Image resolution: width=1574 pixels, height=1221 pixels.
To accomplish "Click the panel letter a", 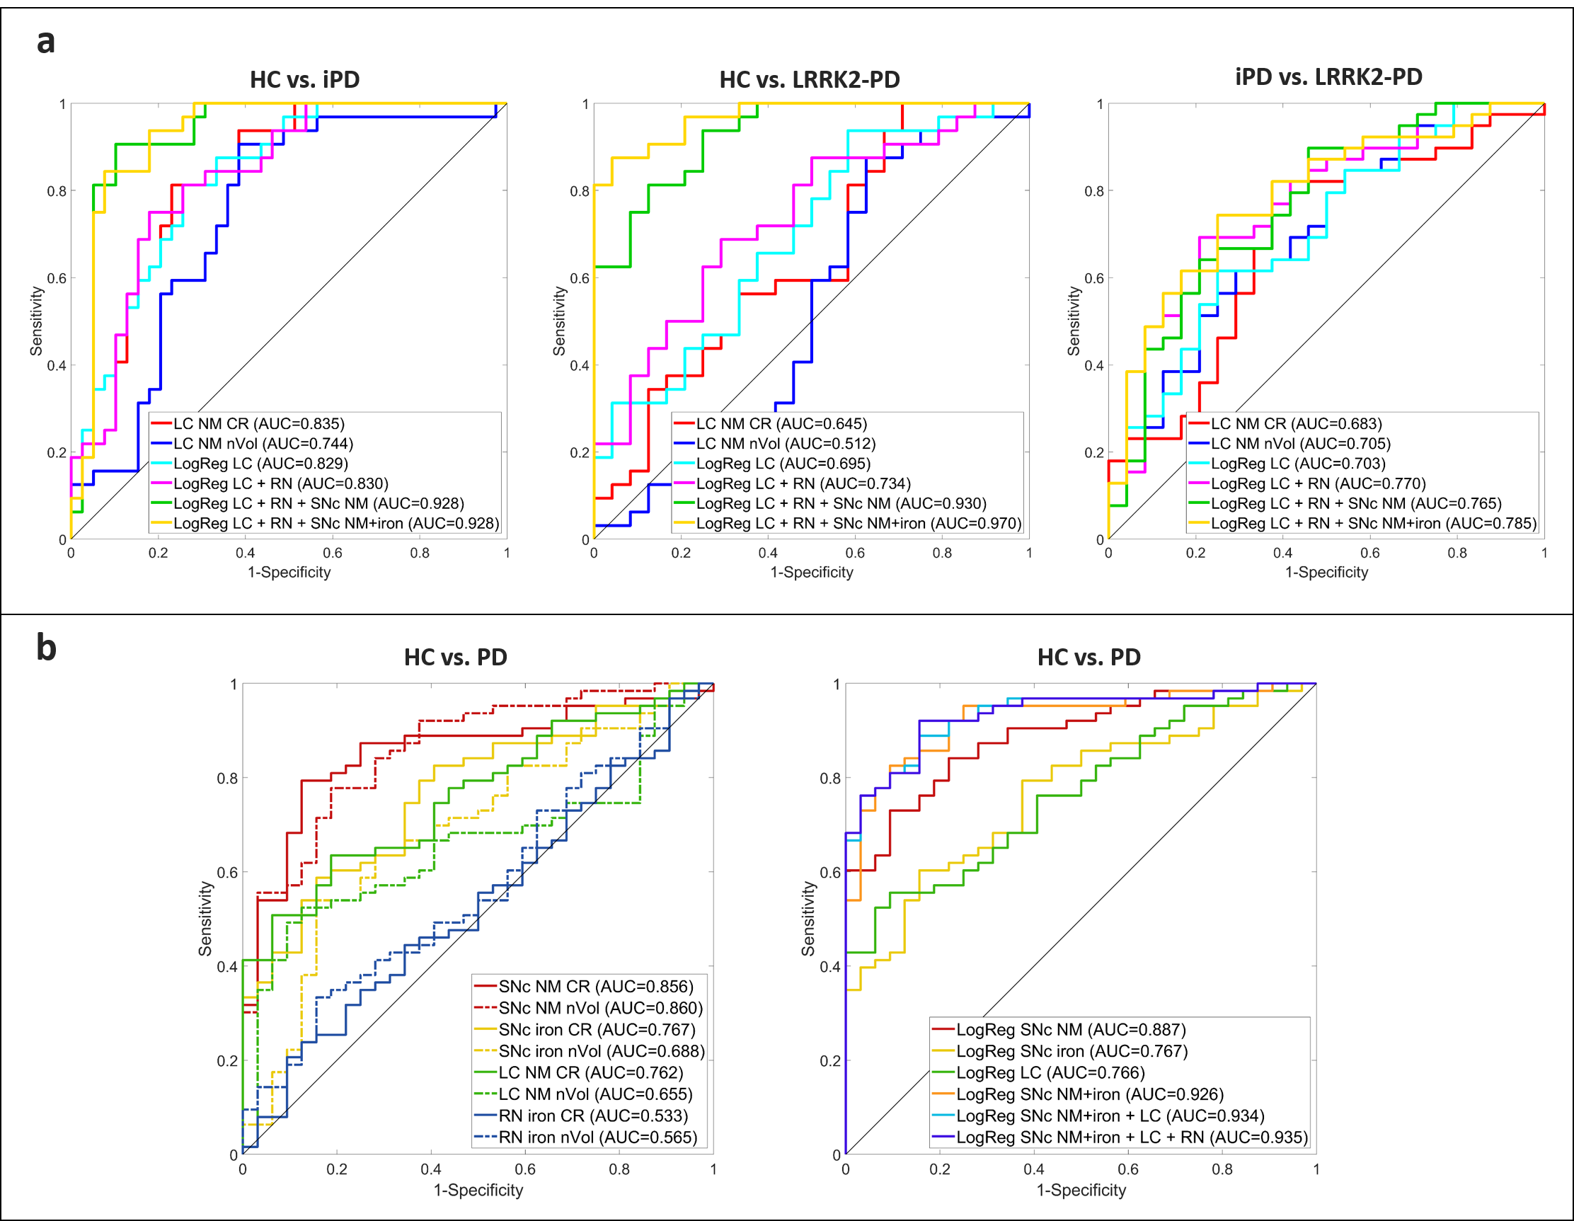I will point(45,42).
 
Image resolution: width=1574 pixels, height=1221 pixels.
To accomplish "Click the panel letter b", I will point(46,646).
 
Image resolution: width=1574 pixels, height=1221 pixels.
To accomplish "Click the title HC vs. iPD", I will point(304,79).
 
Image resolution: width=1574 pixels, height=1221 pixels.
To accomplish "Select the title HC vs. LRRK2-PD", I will point(810,79).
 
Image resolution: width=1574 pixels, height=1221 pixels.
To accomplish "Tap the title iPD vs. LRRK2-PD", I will point(1328,76).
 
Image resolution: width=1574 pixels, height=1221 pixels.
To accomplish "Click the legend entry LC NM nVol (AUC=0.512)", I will point(786,444).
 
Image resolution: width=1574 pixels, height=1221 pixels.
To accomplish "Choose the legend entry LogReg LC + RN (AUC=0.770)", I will point(1318,483).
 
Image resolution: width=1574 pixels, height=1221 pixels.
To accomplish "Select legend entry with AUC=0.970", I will point(858,523).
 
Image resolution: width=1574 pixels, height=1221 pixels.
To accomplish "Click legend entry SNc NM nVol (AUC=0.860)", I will point(599,1008).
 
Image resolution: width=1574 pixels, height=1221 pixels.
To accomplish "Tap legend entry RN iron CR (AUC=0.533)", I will point(592,1116).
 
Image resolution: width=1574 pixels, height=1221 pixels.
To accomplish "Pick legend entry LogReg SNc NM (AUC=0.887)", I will point(1070,1029).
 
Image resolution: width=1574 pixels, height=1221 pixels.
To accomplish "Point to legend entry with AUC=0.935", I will point(1132,1137).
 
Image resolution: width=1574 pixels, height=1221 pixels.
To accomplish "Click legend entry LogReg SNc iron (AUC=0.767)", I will point(1072,1051).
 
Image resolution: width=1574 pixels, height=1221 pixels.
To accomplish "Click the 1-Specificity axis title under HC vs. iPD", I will point(289,573).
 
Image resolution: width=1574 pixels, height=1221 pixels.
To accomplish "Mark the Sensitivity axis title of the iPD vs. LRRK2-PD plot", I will point(1074,321).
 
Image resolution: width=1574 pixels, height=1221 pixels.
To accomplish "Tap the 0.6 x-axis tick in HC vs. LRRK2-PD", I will point(855,553).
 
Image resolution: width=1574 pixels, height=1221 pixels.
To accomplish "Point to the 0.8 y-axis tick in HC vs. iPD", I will point(56,191).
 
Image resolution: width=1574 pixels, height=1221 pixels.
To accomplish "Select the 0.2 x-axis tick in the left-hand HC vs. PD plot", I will point(337,1169).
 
